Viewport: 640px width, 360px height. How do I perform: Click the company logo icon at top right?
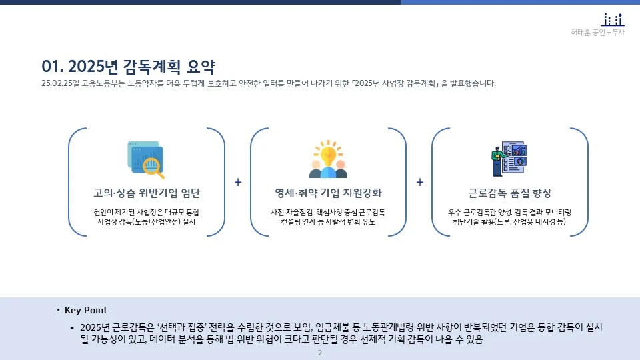click(x=613, y=20)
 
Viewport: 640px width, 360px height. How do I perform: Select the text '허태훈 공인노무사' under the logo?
click(x=598, y=33)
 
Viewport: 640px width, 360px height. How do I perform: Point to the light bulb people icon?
click(x=328, y=159)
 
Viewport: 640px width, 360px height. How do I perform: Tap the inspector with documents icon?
click(x=509, y=159)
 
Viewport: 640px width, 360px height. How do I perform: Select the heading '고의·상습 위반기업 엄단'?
click(x=147, y=193)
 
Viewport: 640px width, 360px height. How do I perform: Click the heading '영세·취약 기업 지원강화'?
click(x=328, y=193)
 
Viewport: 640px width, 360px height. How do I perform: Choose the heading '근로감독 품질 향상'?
click(x=510, y=193)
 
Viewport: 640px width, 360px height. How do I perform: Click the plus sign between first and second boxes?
click(x=238, y=182)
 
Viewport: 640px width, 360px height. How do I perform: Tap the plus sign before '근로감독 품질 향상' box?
click(x=420, y=182)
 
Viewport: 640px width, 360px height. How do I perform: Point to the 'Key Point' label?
click(x=86, y=311)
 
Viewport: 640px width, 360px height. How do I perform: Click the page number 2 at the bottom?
click(x=320, y=353)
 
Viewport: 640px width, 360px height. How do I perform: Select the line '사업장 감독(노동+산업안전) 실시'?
click(x=147, y=222)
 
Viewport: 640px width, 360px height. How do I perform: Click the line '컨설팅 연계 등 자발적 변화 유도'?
click(x=328, y=222)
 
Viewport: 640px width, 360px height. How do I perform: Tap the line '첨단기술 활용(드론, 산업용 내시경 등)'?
click(x=510, y=222)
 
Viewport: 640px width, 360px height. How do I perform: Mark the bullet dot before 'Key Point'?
click(x=58, y=310)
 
